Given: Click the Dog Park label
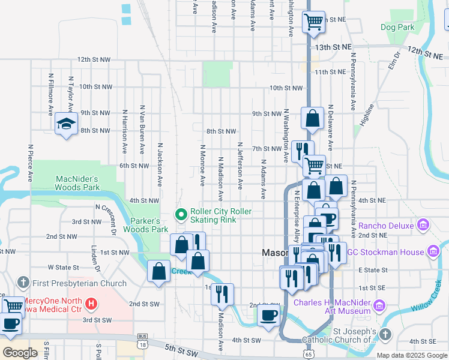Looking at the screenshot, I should coord(397,27).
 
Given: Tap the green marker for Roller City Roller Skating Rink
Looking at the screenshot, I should coord(180,214).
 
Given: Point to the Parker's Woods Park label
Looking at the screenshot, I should coord(146,225).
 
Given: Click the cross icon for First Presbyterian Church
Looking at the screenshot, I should coord(23,283).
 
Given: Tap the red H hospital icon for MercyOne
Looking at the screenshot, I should coord(91,304).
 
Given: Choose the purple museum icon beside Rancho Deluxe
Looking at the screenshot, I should coord(424,226).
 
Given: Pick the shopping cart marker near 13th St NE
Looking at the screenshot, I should coord(313,22).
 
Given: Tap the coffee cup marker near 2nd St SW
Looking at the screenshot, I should coord(268,316).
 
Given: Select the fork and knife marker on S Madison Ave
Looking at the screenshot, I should coord(223,293).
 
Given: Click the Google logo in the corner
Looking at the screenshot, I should coord(20,353).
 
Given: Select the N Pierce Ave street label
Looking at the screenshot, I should coord(30,162).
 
